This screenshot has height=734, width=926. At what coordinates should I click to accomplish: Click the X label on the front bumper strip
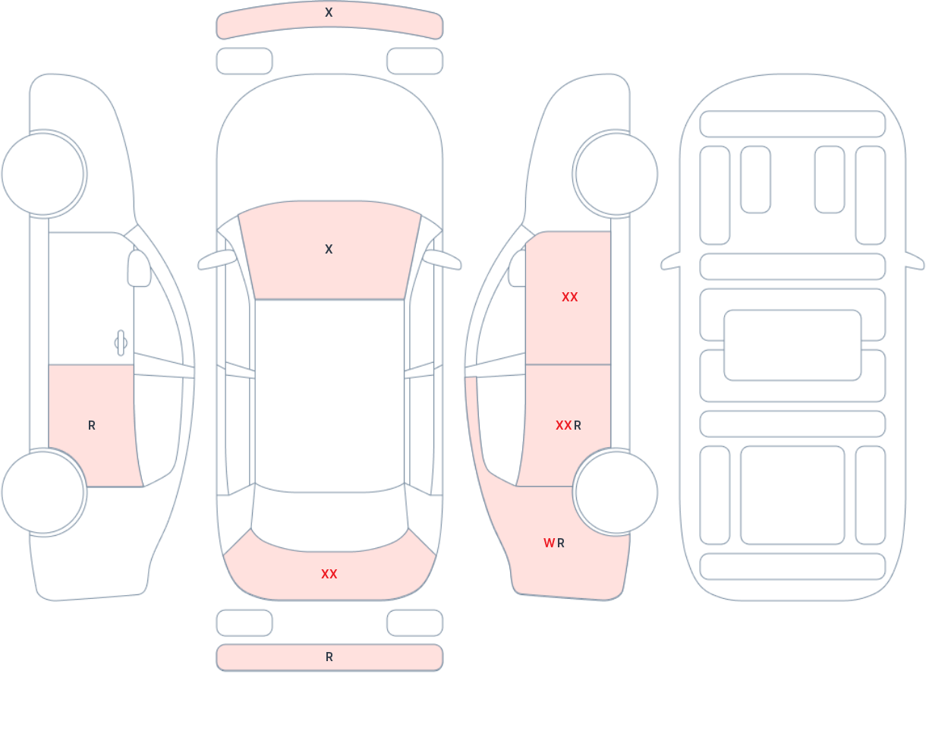click(x=329, y=12)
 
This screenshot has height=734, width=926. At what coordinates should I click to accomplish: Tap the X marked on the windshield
click(x=329, y=249)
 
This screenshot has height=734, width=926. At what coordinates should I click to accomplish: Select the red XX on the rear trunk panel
click(x=329, y=574)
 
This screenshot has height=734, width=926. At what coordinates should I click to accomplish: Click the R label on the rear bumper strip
click(x=329, y=657)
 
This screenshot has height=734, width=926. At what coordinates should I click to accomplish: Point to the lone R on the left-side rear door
click(x=92, y=426)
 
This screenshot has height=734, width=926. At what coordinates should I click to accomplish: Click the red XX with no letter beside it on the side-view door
click(x=570, y=297)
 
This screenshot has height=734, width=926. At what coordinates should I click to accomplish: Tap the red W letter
click(x=549, y=543)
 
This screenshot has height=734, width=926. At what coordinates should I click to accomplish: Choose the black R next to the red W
click(x=561, y=543)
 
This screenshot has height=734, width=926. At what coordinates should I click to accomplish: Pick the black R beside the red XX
click(x=578, y=426)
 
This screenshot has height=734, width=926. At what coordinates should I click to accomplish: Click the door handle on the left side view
click(x=121, y=343)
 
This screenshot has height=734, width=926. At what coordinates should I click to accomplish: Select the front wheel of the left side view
click(x=43, y=174)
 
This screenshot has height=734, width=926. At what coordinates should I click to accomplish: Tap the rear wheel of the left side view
click(x=43, y=492)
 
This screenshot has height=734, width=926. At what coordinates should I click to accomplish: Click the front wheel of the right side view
click(x=616, y=174)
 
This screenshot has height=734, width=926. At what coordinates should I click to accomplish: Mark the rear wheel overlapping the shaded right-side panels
click(x=616, y=492)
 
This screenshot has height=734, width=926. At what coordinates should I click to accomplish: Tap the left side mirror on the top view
click(x=217, y=260)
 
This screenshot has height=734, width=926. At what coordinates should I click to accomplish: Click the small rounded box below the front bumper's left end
click(x=244, y=61)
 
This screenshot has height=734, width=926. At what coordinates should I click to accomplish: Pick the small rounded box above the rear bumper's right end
click(x=415, y=622)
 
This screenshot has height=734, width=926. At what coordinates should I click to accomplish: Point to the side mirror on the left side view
click(x=139, y=268)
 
